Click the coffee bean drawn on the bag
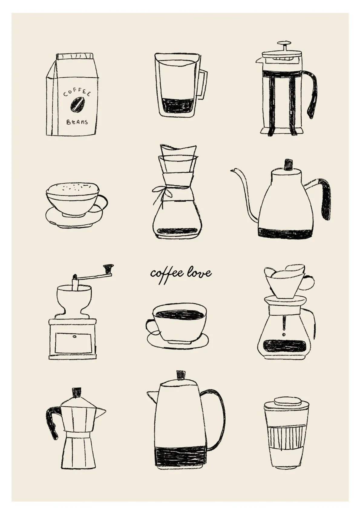(77, 105)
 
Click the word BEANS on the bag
(77, 122)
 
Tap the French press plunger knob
(284, 43)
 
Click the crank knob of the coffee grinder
(108, 267)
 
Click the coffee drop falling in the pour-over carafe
(284, 334)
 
